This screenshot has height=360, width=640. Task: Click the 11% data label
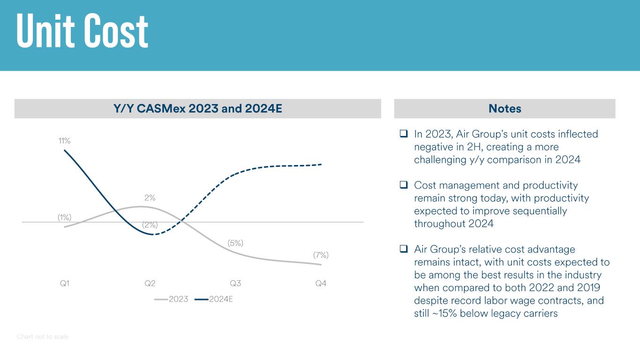(64, 141)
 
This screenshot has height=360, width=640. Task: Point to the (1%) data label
(64, 217)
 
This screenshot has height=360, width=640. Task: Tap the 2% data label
(150, 198)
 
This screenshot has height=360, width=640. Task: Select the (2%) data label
(150, 225)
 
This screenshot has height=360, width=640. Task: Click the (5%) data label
(235, 243)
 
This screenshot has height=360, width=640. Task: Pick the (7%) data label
(321, 255)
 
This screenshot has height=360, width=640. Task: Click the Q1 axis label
(65, 283)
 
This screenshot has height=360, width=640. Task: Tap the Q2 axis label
(150, 283)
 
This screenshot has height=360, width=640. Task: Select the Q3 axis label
(235, 283)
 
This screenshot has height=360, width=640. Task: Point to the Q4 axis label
(321, 283)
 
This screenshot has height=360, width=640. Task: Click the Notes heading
(504, 109)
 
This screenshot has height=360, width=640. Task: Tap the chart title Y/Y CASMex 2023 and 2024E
(197, 109)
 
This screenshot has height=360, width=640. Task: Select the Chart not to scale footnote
(43, 337)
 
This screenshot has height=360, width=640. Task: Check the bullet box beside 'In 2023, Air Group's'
(403, 134)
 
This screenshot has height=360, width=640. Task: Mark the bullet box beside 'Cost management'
(403, 185)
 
